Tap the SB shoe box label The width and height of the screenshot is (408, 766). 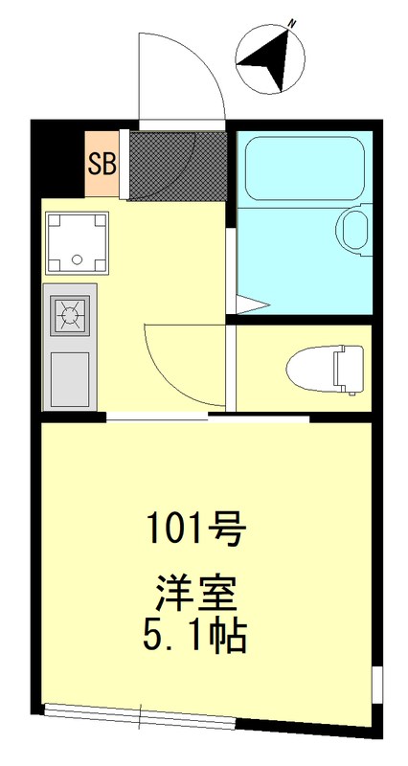coord(102,163)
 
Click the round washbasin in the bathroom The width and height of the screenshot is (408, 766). coord(353,230)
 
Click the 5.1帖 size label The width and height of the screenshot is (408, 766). coord(197,636)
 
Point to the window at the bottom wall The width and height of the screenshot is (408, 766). coord(140,713)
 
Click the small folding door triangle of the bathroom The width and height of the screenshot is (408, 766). coord(250,305)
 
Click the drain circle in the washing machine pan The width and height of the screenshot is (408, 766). coord(76,259)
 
